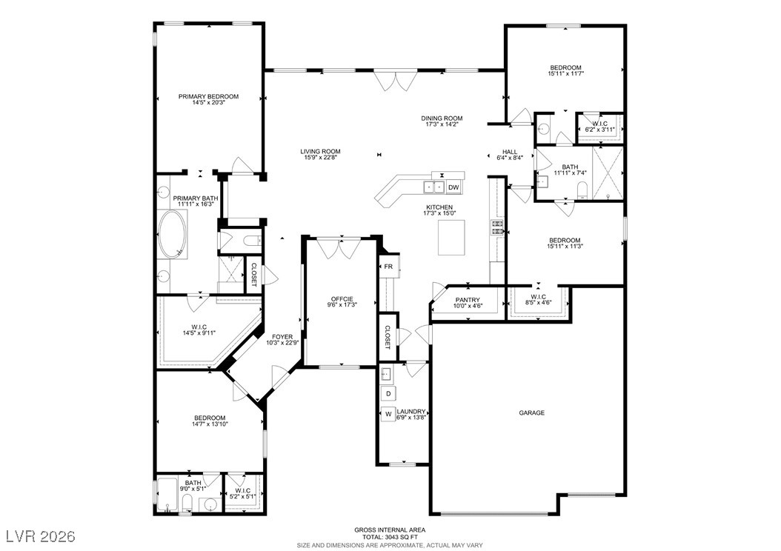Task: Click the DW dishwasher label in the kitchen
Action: click(453, 187)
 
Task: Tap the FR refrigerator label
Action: click(388, 267)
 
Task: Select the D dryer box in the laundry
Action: click(388, 394)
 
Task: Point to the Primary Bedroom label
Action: click(209, 96)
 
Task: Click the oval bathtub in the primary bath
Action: click(173, 234)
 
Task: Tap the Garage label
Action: click(532, 413)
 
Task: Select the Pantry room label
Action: click(468, 300)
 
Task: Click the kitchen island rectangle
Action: click(452, 238)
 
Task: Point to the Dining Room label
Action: click(442, 118)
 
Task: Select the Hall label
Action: click(510, 152)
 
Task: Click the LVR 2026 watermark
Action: click(41, 536)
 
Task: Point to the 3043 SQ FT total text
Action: click(403, 538)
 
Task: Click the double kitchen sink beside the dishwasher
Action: click(434, 187)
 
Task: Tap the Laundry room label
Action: click(411, 412)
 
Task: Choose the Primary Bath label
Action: click(196, 198)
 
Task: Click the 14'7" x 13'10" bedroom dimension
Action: click(210, 424)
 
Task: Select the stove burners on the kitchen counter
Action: click(497, 227)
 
